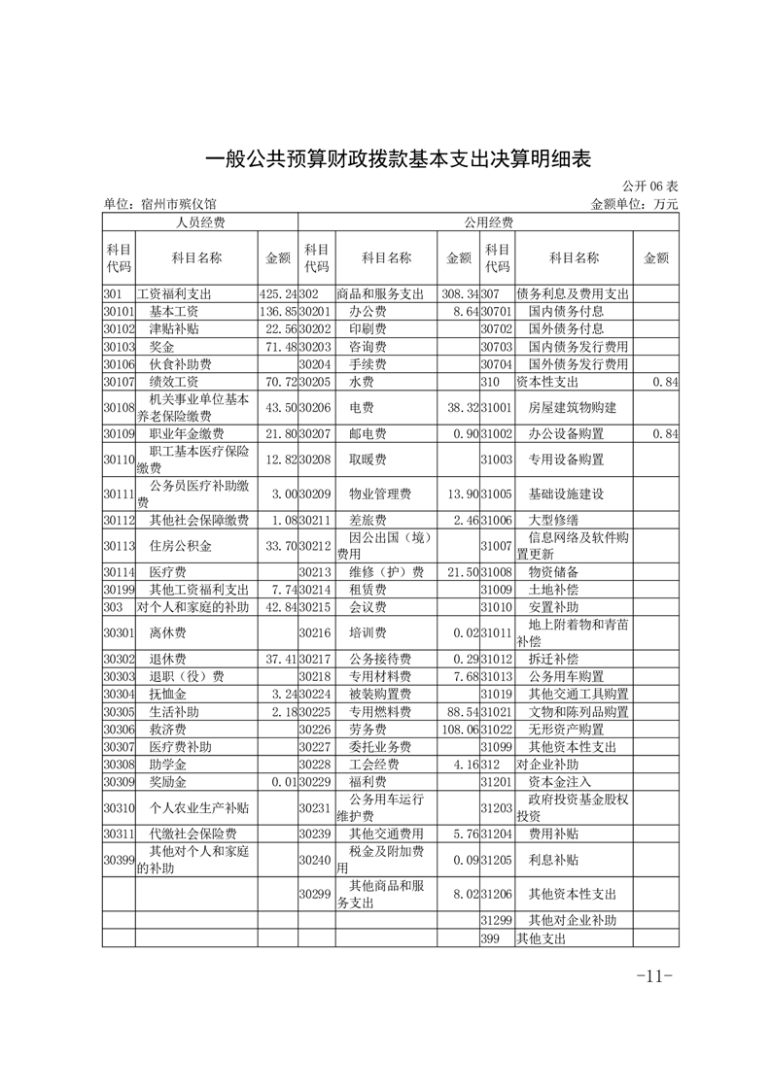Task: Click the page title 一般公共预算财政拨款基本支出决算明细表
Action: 385,158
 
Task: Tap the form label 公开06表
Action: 648,187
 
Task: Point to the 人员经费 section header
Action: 200,222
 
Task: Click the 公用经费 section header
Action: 488,222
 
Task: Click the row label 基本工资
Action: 174,312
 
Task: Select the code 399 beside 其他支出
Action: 490,939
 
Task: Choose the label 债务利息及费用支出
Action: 573,293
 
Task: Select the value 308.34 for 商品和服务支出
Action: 457,293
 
